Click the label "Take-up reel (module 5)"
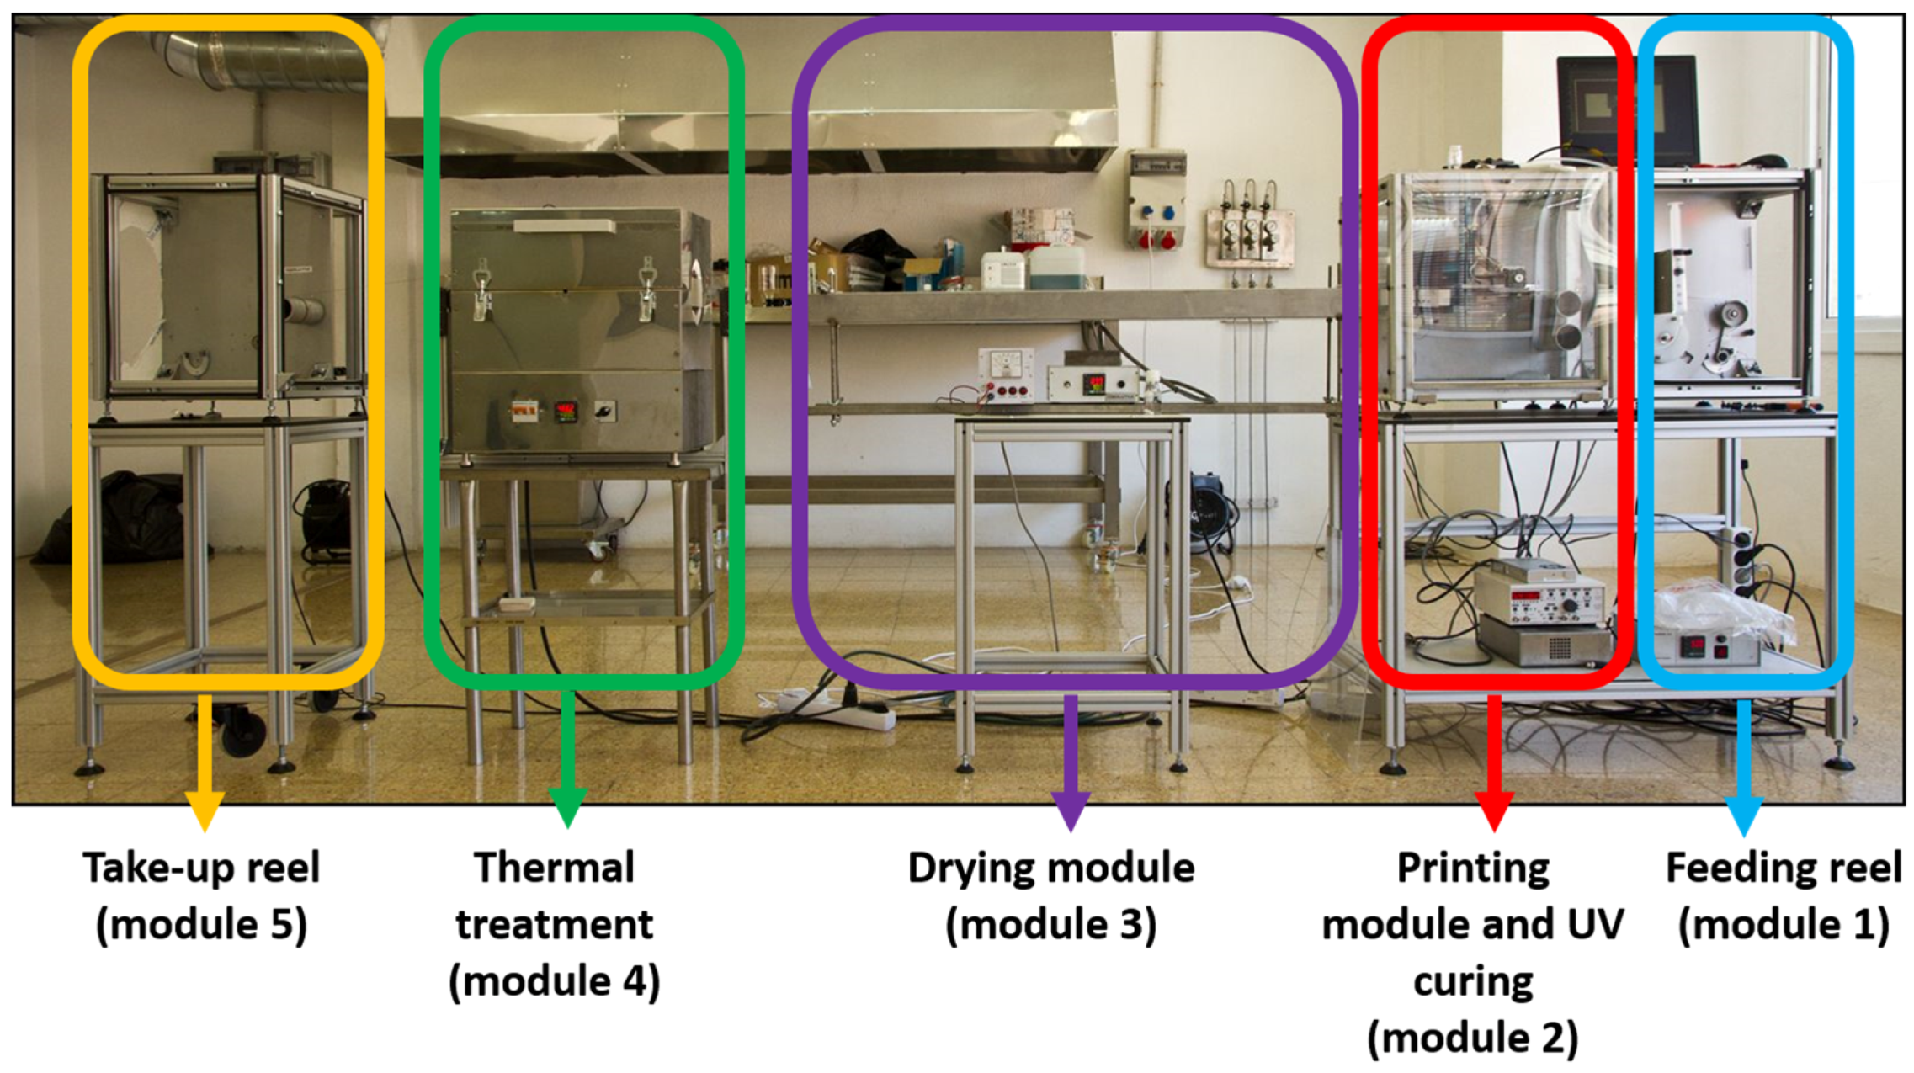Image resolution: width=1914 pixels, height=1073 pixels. [201, 896]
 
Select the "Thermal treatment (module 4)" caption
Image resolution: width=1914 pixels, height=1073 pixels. [554, 924]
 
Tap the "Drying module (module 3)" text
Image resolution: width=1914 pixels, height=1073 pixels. [1050, 896]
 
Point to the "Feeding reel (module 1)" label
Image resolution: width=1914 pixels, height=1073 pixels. [1783, 896]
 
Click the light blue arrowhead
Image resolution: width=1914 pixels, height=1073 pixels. [1744, 813]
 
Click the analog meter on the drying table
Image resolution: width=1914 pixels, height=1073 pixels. [1006, 365]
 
